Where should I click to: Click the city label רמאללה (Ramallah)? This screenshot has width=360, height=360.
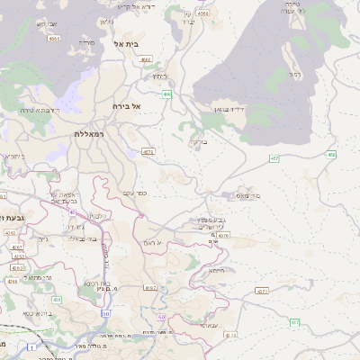pos(91,133)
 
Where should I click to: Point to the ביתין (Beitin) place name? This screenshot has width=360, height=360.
pos(159,76)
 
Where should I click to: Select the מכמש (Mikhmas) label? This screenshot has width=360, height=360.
pos(247,195)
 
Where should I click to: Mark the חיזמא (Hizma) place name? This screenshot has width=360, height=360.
pos(216,270)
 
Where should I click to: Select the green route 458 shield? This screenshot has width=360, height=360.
pos(332,155)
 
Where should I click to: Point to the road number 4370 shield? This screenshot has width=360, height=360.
pos(224,235)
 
